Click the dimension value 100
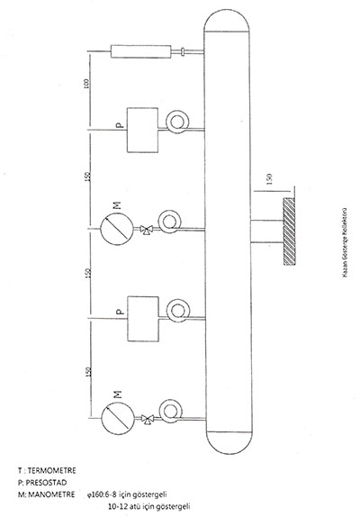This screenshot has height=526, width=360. (86, 83)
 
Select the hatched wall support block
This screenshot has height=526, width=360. (289, 231)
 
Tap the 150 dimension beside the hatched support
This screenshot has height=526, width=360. (269, 179)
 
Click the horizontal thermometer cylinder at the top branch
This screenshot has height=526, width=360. (140, 51)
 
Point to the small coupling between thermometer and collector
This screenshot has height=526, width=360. (183, 51)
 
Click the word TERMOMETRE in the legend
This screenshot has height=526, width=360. (51, 471)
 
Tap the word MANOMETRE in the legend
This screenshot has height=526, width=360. (51, 494)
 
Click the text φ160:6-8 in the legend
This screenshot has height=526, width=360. (102, 494)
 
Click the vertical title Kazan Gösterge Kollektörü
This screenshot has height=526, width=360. (345, 242)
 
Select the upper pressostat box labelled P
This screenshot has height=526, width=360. (142, 130)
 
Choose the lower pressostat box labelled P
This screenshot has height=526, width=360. (143, 319)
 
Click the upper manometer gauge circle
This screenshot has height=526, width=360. (117, 229)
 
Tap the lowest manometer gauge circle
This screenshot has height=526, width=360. (118, 418)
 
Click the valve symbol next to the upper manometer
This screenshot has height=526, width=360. (146, 230)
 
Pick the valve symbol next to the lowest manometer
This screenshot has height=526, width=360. (148, 419)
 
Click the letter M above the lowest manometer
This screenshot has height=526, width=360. (118, 394)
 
